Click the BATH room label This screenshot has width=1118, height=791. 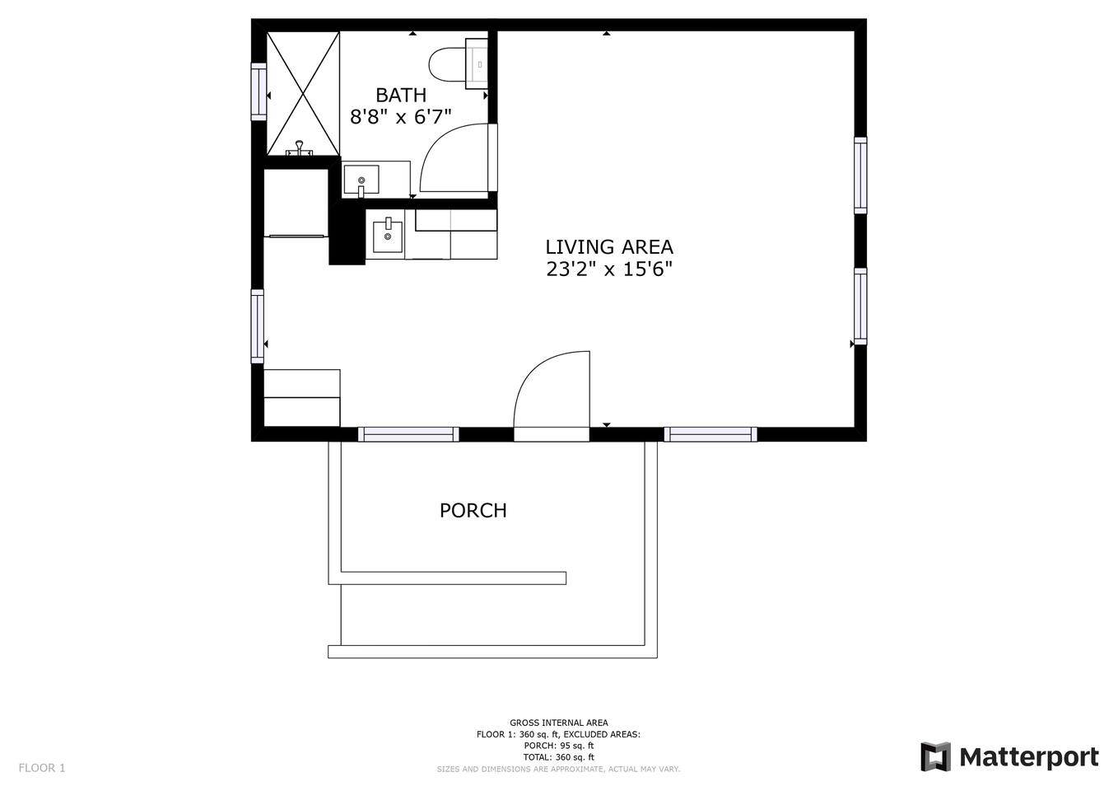401,95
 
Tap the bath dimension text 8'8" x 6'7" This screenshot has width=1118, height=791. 401,117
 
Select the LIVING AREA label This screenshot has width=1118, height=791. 609,247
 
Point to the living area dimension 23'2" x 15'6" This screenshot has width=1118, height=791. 609,269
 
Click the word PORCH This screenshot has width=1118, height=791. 473,510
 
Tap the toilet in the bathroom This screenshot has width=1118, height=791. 459,64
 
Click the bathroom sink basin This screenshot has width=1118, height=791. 361,180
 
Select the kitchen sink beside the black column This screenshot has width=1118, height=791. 387,236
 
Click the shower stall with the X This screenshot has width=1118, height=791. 303,93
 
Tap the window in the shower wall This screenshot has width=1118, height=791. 259,91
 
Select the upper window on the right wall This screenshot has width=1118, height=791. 860,176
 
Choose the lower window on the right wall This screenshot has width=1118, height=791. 860,307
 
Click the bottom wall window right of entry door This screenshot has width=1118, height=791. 710,434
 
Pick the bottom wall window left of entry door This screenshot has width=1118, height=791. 408,434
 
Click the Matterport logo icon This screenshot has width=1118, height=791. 936,757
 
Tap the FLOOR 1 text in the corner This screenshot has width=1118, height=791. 42,768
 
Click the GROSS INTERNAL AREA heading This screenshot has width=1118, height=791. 559,723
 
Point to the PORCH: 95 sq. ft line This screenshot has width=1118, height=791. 559,746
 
